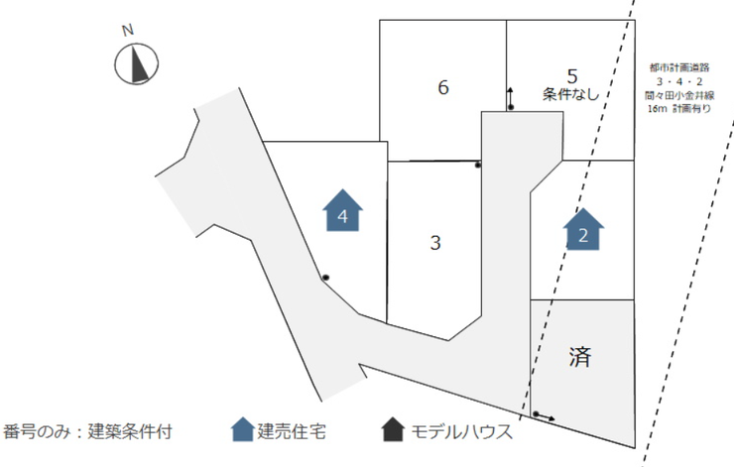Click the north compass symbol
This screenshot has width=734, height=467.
coord(136,64)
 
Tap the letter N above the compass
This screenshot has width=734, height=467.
coord(128,30)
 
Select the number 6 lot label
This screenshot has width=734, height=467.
coord(443,87)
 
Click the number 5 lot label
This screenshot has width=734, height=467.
coord(572,75)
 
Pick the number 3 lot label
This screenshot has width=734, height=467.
coord(433,242)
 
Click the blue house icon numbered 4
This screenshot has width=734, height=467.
coord(343,210)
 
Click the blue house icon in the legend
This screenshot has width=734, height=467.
coord(241,430)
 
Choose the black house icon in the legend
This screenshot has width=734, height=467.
coord(393,430)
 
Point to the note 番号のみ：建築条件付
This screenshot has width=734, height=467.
coord(88,431)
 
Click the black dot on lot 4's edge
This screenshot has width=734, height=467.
coord(324,277)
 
